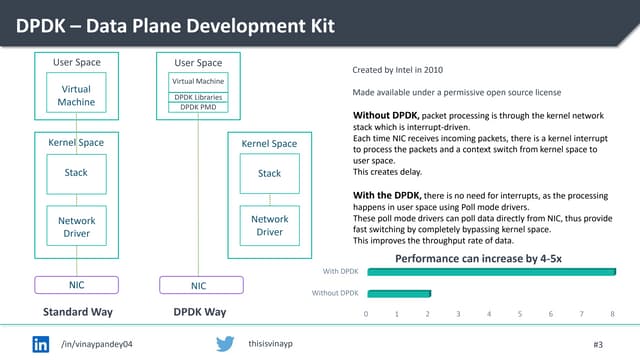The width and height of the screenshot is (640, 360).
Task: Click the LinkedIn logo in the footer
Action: click(42, 343)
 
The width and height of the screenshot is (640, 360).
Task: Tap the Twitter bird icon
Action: click(226, 343)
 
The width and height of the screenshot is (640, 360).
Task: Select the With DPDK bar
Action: click(490, 270)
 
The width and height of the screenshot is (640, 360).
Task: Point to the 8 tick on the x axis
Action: click(611, 313)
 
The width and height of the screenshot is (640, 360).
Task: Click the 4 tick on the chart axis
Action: click(489, 313)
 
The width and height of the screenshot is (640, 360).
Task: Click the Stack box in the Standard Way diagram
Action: click(75, 173)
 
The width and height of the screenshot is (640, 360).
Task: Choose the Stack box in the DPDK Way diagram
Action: click(269, 174)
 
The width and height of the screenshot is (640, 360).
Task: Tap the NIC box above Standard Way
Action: click(75, 285)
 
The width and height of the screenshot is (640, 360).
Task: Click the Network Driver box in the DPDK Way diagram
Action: click(269, 226)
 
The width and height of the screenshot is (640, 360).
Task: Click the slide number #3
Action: click(599, 344)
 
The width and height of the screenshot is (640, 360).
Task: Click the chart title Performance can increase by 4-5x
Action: click(478, 258)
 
